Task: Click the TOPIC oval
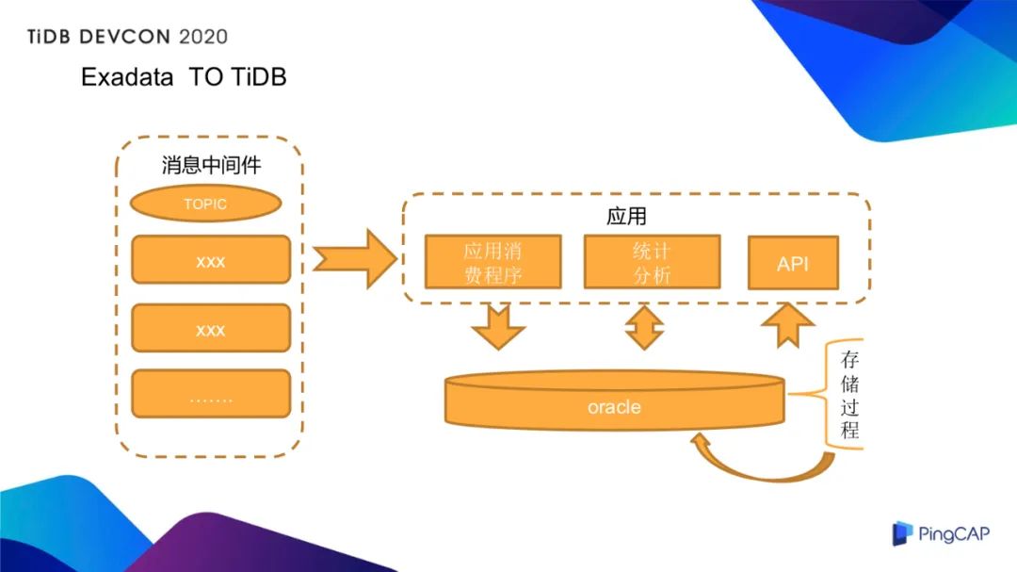click(x=204, y=204)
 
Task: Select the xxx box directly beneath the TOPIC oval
click(x=210, y=260)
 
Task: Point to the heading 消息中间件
click(x=211, y=165)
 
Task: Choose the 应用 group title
click(x=626, y=217)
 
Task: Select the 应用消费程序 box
click(x=492, y=262)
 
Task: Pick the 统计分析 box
click(x=652, y=262)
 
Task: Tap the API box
click(x=793, y=263)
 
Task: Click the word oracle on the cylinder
click(x=614, y=407)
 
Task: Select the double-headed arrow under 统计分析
click(x=645, y=327)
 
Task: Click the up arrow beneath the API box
click(x=787, y=326)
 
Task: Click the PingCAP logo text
click(x=954, y=534)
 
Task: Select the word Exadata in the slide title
click(x=127, y=77)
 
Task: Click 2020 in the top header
click(x=202, y=37)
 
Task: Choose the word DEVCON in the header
click(x=118, y=37)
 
